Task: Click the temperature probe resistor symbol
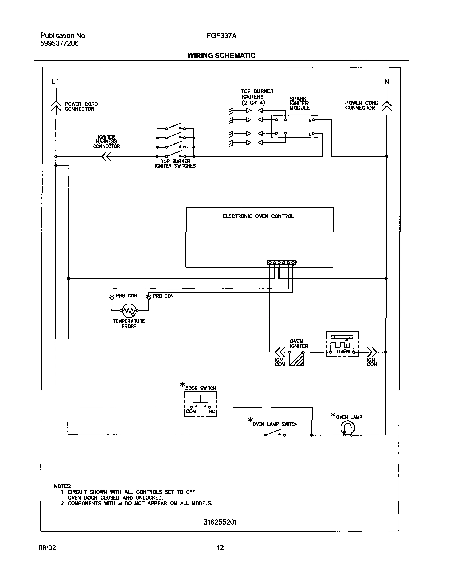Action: (129, 311)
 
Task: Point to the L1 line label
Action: (55, 82)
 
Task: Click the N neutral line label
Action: (387, 82)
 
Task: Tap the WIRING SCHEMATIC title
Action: (221, 55)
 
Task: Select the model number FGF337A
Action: (221, 35)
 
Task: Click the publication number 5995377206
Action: (59, 44)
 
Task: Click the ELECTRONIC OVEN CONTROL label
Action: (258, 216)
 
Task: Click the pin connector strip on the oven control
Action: (281, 263)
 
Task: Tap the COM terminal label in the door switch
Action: (191, 412)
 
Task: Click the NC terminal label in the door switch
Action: (212, 412)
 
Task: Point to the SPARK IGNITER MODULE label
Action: (299, 103)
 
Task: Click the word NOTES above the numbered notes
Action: (63, 486)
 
